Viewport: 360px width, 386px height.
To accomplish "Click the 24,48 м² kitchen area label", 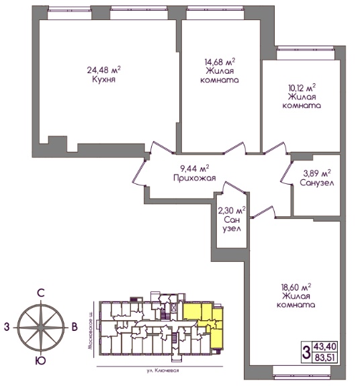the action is click(x=103, y=70).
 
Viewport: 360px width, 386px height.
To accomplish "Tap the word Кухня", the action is click(x=103, y=79).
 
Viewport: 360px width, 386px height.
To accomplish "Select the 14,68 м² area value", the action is click(x=220, y=62).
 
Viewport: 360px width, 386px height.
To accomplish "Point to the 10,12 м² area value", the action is click(x=302, y=88).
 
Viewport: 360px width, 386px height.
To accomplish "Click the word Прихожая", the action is click(x=195, y=178).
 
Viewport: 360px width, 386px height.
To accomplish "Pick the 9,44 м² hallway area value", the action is click(x=195, y=168).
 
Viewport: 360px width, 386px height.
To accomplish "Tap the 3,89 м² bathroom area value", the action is click(x=317, y=174).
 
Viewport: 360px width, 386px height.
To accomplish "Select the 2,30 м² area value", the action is click(x=232, y=211).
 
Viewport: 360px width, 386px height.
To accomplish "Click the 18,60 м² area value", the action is click(x=296, y=287).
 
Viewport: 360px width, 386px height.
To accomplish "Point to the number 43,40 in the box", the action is click(x=324, y=346).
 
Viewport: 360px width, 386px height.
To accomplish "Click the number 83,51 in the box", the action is click(x=324, y=357).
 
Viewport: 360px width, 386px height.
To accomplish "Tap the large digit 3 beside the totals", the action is click(x=306, y=352).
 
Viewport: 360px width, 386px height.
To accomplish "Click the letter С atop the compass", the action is click(x=40, y=293).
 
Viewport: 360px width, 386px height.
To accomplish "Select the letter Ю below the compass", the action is click(x=40, y=361).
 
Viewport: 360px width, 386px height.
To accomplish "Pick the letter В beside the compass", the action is click(x=75, y=327).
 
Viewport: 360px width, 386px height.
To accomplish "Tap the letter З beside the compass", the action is click(x=7, y=327).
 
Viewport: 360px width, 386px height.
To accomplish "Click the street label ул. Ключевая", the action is click(x=163, y=371).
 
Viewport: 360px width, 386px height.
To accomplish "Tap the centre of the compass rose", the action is click(x=41, y=328).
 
